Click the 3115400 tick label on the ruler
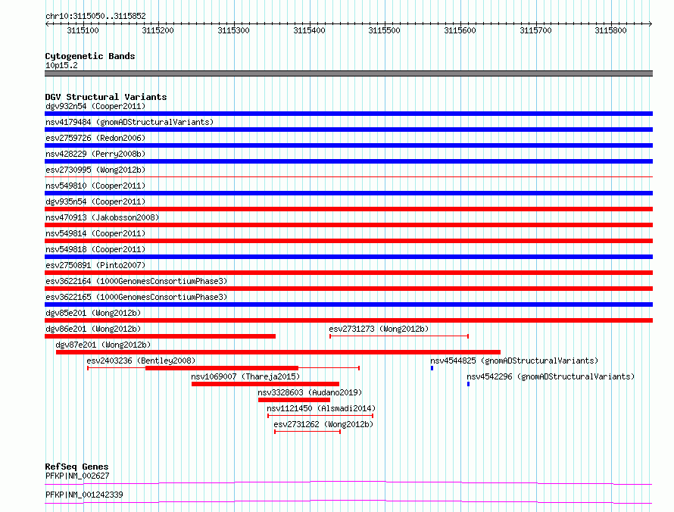(x=309, y=30)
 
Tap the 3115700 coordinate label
(x=535, y=30)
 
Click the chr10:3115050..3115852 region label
(x=96, y=17)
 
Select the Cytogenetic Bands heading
(x=90, y=56)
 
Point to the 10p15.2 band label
(x=61, y=65)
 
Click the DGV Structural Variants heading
(x=106, y=97)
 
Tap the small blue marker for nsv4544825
(x=432, y=368)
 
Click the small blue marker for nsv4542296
(x=468, y=384)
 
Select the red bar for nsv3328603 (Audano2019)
(x=294, y=400)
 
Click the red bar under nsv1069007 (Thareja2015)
(x=265, y=384)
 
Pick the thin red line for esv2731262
(x=307, y=432)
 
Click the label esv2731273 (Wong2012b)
(x=379, y=329)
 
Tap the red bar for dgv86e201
(x=161, y=336)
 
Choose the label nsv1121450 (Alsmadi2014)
(x=321, y=408)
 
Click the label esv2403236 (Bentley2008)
(x=141, y=361)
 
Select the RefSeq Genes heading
(x=77, y=467)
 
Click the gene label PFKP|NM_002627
(x=77, y=476)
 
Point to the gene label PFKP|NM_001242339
(x=84, y=495)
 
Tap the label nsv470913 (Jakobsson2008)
(x=102, y=217)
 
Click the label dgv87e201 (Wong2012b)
(x=103, y=345)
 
